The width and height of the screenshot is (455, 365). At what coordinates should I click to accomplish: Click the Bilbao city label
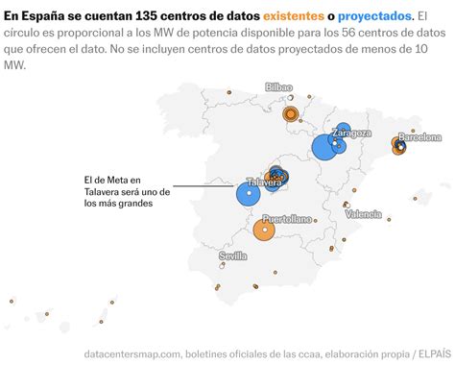[278, 86]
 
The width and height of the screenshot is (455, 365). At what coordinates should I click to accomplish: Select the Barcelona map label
[419, 137]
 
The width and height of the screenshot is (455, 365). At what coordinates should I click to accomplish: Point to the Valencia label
[363, 214]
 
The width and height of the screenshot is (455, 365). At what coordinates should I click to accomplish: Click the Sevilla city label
[232, 256]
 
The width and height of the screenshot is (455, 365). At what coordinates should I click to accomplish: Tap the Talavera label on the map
[263, 182]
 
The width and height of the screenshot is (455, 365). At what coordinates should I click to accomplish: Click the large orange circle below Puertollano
[264, 231]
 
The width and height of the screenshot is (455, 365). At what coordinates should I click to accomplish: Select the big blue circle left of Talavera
[249, 195]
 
